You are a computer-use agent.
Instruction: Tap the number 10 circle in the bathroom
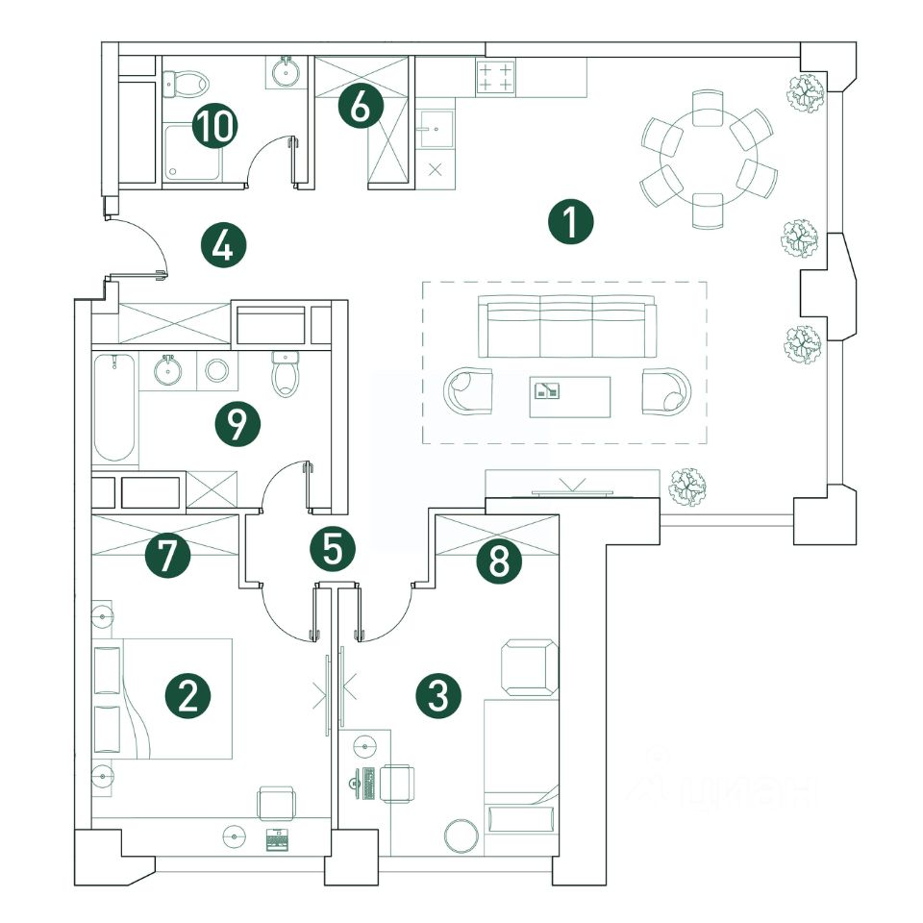click(x=214, y=126)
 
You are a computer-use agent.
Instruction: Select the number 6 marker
click(x=360, y=107)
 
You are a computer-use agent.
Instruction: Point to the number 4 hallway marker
click(x=223, y=246)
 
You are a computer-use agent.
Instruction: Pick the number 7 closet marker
click(x=167, y=557)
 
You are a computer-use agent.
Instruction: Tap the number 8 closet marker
click(x=498, y=561)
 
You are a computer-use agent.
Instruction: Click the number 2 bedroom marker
click(x=187, y=695)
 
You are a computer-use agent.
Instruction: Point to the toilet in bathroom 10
click(x=185, y=85)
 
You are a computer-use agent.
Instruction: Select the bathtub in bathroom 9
click(x=113, y=408)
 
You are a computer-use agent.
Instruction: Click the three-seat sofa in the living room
click(x=567, y=326)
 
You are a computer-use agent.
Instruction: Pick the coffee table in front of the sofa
click(x=569, y=396)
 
